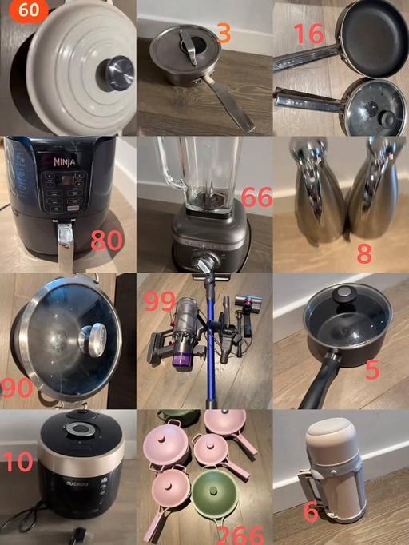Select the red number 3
tap(224, 34)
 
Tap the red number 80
tap(106, 240)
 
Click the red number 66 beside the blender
tap(256, 197)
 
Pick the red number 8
tap(364, 254)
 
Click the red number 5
tap(372, 370)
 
